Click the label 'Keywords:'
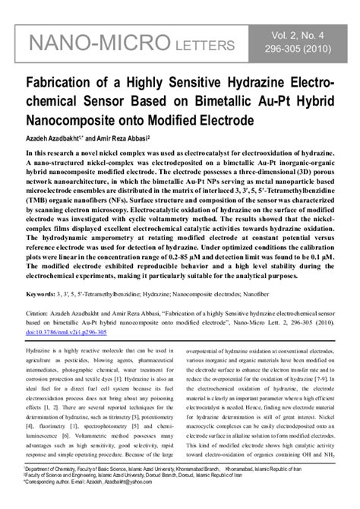tap(40, 292)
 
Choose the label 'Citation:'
tap(39, 312)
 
